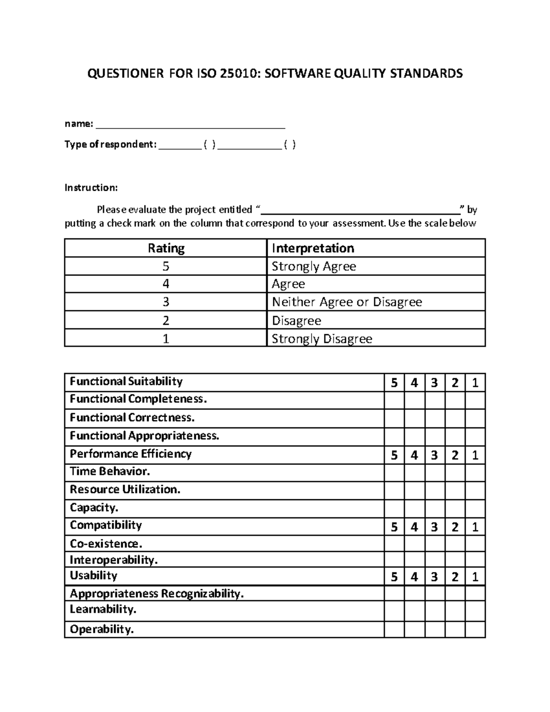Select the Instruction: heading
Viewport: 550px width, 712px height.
pos(91,188)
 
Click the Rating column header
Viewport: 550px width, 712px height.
pos(166,248)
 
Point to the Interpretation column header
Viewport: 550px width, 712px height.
pos(313,248)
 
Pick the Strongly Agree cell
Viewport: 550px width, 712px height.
pos(314,266)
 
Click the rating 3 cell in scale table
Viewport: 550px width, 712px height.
pos(166,302)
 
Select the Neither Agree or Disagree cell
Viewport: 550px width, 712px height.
pos(347,302)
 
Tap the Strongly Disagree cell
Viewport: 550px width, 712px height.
pos(322,339)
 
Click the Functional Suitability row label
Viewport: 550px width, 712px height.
pos(126,381)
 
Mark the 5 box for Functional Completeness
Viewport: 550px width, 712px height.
pos(394,400)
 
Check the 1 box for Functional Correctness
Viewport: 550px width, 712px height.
pos(475,418)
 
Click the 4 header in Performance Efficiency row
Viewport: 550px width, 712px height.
pos(414,455)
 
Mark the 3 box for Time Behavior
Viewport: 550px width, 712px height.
pos(434,473)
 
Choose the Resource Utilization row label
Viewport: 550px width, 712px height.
pos(125,490)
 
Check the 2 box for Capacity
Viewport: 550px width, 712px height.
pos(455,508)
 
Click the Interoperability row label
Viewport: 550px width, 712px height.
pos(114,560)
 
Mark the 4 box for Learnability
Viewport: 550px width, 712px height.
pos(414,611)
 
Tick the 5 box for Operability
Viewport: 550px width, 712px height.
pos(394,629)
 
